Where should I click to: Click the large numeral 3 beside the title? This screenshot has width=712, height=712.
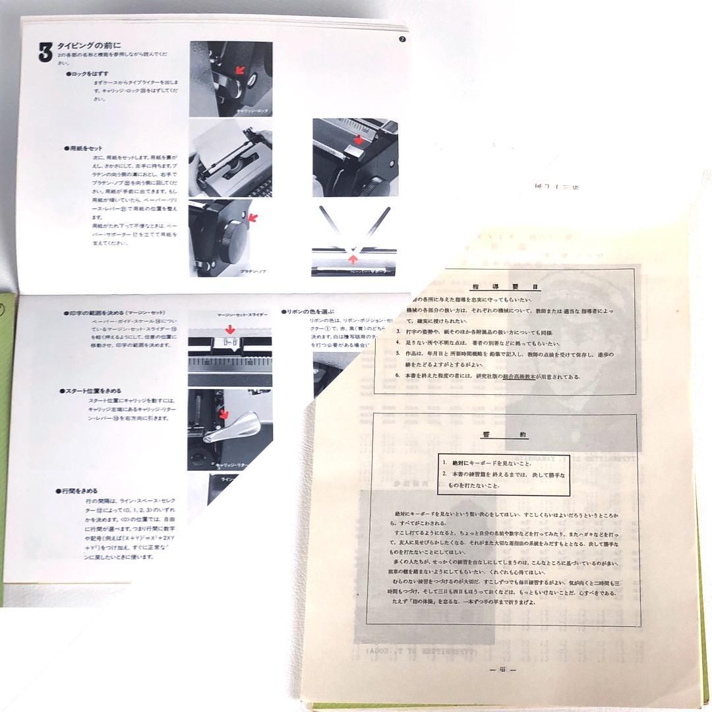pos(45,53)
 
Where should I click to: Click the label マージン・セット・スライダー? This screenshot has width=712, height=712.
pos(242,315)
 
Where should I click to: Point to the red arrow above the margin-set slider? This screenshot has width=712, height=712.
pos(229,328)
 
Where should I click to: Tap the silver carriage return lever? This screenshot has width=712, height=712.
pos(243,429)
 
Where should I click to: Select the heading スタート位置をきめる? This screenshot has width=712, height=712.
pos(93,391)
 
